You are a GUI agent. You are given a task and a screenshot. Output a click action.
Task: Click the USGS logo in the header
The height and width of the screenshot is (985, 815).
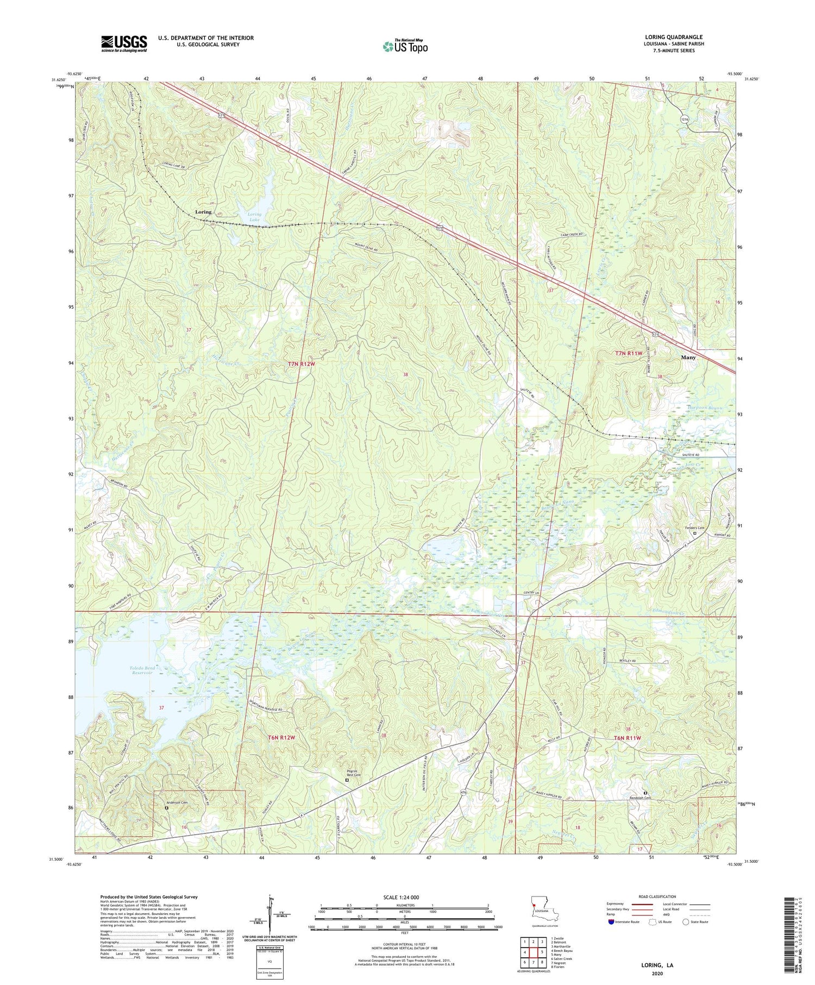click(124, 43)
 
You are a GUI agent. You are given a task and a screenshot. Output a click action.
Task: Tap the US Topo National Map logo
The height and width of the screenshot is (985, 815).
click(405, 46)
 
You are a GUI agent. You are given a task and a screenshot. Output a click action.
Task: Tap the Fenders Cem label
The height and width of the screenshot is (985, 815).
click(694, 528)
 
